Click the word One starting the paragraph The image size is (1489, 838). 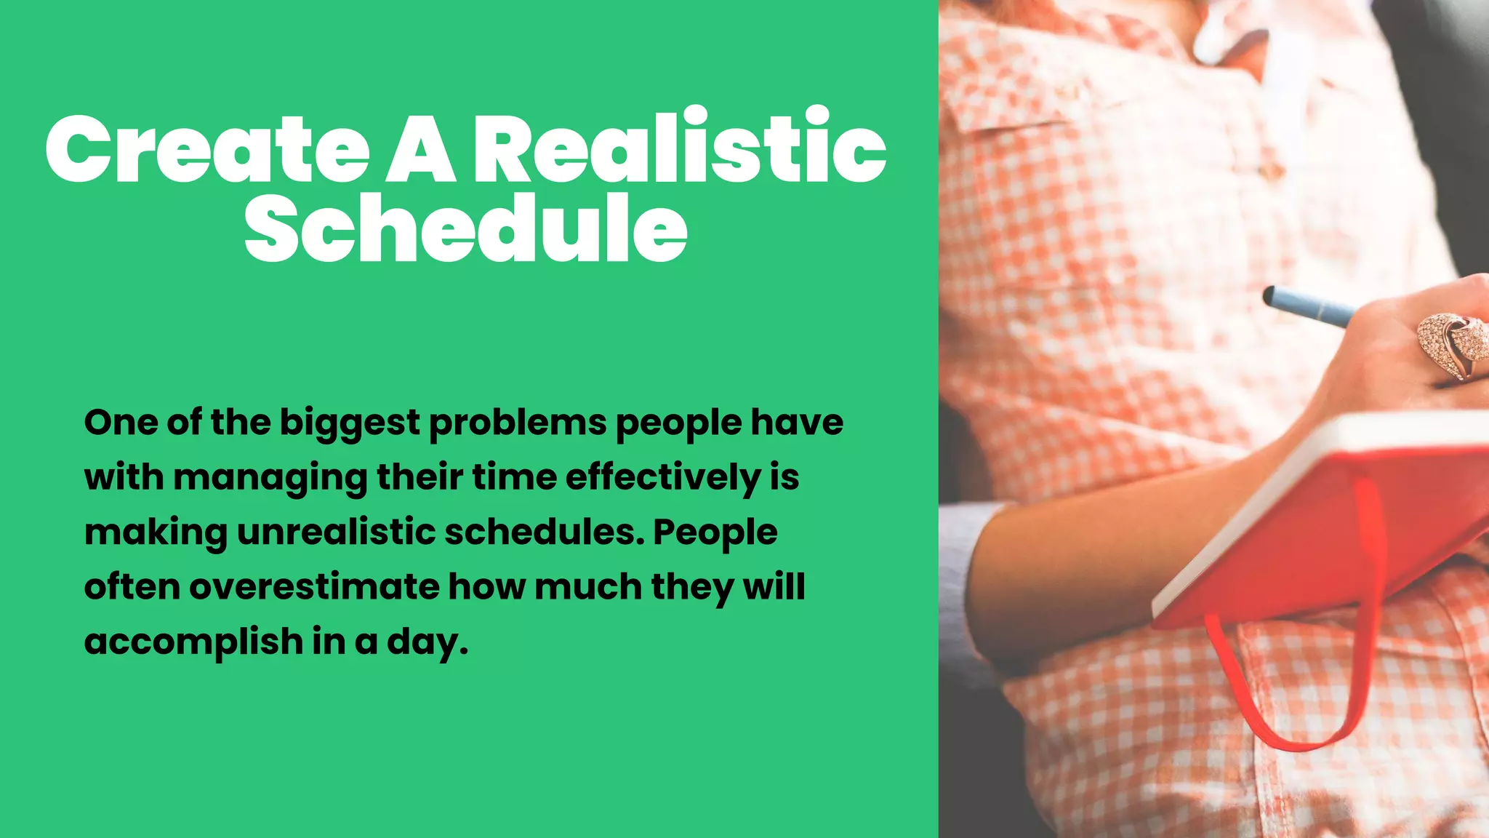coord(119,423)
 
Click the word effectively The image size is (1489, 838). coord(662,478)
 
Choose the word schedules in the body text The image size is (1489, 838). coord(545,532)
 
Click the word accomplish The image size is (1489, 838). coord(193,642)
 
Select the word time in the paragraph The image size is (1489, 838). coord(514,478)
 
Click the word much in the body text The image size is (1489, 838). coord(588,587)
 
